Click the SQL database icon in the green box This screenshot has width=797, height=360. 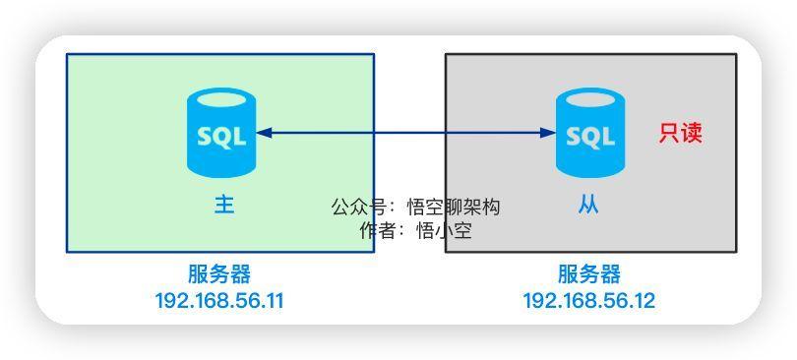pyautogui.click(x=221, y=133)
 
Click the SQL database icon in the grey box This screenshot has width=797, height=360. pyautogui.click(x=590, y=133)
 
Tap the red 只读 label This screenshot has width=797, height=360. pyautogui.click(x=681, y=133)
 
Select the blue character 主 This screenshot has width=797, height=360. pyautogui.click(x=224, y=205)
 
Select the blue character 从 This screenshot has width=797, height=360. pyautogui.click(x=588, y=205)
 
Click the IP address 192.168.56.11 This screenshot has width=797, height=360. pyautogui.click(x=219, y=301)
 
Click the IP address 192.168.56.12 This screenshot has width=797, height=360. pyautogui.click(x=588, y=301)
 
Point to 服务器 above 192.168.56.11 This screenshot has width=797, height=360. pyautogui.click(x=219, y=274)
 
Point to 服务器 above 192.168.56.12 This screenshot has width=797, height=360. pyautogui.click(x=589, y=274)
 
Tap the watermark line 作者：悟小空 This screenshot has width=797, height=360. pyautogui.click(x=415, y=231)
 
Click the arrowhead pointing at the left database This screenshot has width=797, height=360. pyautogui.click(x=263, y=133)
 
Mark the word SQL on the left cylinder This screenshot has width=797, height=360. pyautogui.click(x=221, y=137)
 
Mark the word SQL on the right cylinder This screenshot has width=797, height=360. pyautogui.click(x=590, y=137)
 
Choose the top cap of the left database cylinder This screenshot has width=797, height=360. pyautogui.click(x=221, y=99)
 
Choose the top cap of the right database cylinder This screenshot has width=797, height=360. pyautogui.click(x=590, y=99)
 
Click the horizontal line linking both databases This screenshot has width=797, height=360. pyautogui.click(x=408, y=133)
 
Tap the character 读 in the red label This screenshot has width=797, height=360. pyautogui.click(x=692, y=133)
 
